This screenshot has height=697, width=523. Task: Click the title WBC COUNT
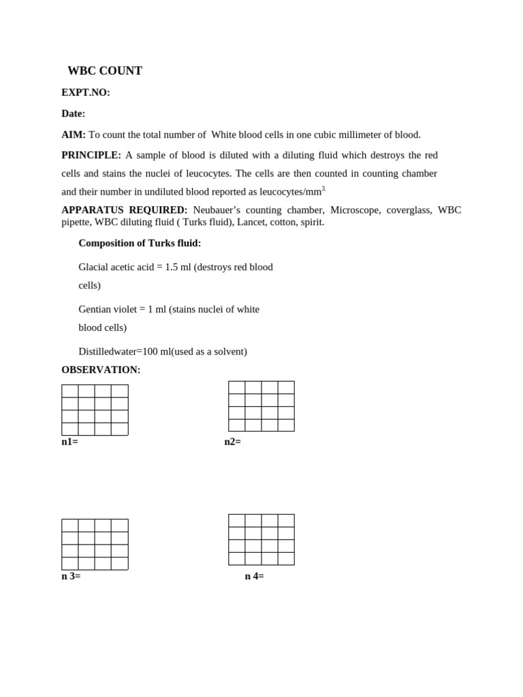tap(105, 71)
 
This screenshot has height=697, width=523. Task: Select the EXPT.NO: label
tap(86, 93)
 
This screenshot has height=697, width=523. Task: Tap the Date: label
tap(74, 114)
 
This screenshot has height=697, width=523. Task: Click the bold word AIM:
tap(74, 135)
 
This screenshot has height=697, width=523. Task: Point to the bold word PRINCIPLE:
tap(91, 155)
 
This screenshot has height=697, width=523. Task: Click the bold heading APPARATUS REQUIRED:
tap(124, 210)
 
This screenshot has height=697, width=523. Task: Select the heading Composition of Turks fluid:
tap(140, 243)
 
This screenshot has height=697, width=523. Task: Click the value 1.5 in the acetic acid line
tap(172, 267)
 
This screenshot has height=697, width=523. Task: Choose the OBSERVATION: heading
tap(101, 370)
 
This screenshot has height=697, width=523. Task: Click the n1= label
tap(69, 442)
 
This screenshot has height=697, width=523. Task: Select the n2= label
tap(233, 442)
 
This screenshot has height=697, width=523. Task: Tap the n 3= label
tap(71, 576)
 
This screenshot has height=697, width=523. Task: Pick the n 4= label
tap(255, 576)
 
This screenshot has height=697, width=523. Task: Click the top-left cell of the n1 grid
tap(70, 391)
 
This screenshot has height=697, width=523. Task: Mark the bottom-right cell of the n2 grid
tap(286, 425)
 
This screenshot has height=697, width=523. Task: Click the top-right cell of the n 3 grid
tap(120, 525)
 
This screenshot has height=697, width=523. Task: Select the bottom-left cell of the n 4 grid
tap(237, 558)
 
